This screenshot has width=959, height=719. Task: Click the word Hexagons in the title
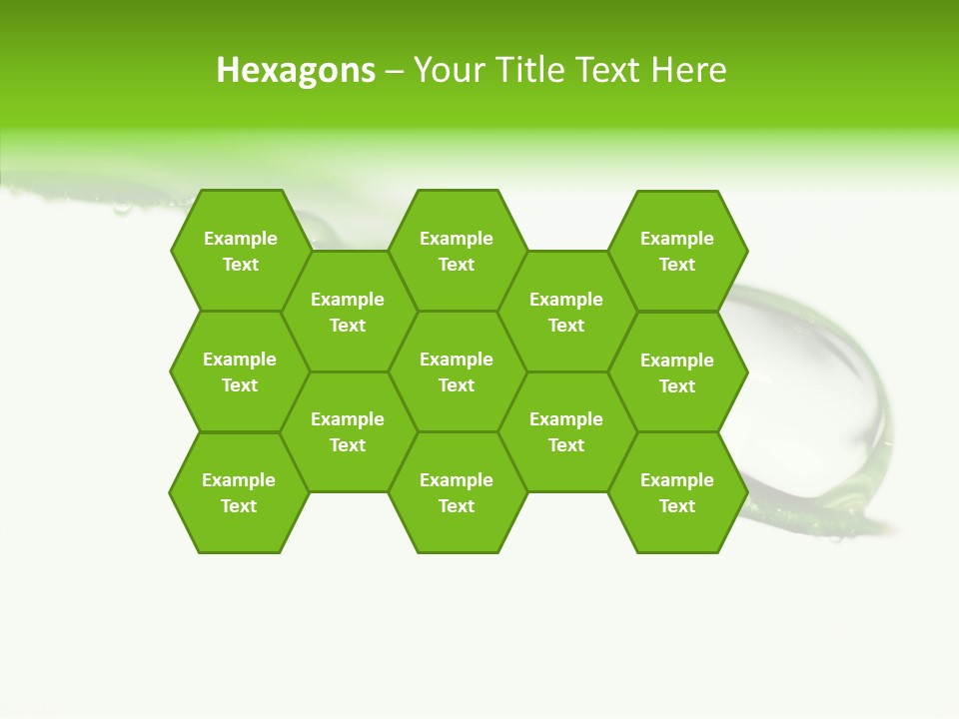pos(296,70)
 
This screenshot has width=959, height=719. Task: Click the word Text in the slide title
pos(609,70)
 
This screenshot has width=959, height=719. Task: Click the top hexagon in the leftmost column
pos(240,251)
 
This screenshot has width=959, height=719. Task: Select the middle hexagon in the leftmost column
pos(240,371)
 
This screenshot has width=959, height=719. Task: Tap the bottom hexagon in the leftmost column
pos(239,492)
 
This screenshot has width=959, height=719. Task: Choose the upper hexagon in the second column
pos(348,312)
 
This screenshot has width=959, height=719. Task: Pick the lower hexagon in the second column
pos(348,431)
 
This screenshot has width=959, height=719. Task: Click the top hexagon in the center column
pos(457,251)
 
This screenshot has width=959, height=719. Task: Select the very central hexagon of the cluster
pos(457,371)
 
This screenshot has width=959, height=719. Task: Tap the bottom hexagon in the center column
pos(457,492)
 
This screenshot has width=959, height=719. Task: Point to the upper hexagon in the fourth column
pos(566,312)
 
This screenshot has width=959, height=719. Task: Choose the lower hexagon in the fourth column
pos(566,431)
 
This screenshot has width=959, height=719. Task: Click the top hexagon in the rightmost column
pos(677,251)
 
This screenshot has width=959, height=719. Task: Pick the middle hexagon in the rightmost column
pos(677,372)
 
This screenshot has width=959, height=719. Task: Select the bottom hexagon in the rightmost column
pos(677,492)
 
